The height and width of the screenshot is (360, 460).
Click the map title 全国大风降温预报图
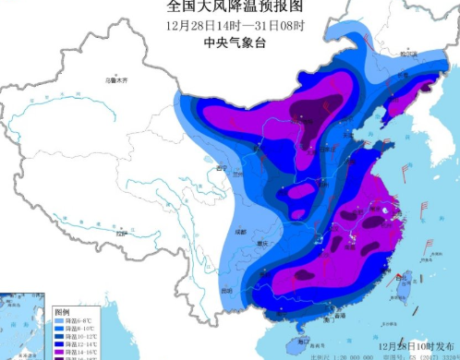click(x=229, y=8)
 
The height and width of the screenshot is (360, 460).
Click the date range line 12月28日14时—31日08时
click(x=229, y=25)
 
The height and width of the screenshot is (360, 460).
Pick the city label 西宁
click(x=220, y=169)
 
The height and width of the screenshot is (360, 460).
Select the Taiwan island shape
click(x=397, y=294)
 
